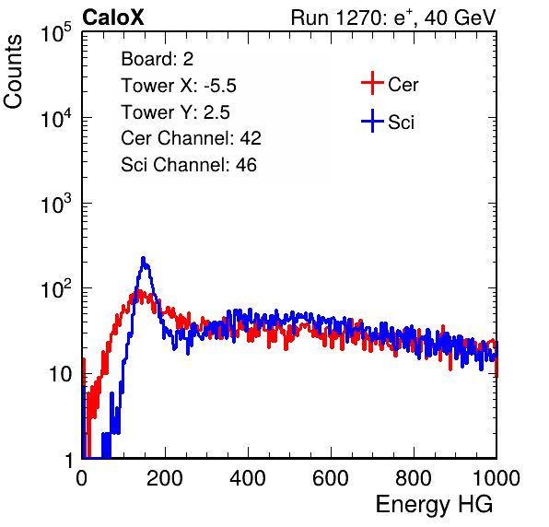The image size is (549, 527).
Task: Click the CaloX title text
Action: tap(112, 18)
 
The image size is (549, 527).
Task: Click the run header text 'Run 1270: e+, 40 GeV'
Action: tap(393, 18)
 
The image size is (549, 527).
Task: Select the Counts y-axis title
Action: tap(13, 72)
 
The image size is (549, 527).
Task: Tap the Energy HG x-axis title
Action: tap(434, 505)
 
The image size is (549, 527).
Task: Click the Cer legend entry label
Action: tap(403, 85)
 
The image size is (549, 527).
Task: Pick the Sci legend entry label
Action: tap(401, 123)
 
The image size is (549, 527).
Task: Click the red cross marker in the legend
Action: tap(372, 83)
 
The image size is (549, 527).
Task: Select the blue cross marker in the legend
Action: tap(372, 121)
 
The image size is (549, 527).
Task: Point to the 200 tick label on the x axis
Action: tap(165, 478)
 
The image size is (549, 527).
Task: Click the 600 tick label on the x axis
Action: tap(331, 478)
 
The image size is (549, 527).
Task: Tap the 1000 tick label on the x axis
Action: tap(496, 478)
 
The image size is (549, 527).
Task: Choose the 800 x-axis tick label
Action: tap(414, 478)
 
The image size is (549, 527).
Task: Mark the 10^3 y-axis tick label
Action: tap(55, 203)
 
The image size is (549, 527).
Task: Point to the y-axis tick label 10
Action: tap(60, 374)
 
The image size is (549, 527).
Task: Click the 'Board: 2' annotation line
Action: tap(158, 59)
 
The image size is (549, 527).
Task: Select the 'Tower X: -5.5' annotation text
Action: tap(179, 86)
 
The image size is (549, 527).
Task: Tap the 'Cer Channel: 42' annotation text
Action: tap(191, 138)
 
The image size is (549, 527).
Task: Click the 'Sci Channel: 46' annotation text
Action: tap(189, 165)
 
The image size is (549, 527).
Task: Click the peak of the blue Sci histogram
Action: tap(143, 258)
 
